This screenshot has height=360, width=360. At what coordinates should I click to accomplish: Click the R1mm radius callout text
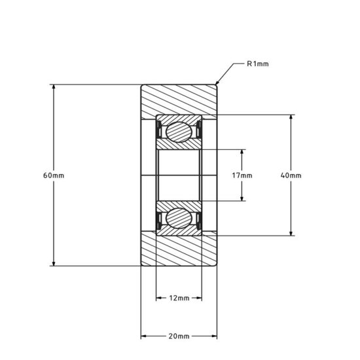click(258, 64)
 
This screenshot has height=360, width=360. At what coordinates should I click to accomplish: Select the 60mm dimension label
click(53, 175)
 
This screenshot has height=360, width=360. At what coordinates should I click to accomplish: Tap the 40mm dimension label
click(291, 175)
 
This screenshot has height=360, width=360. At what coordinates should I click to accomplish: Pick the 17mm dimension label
click(242, 175)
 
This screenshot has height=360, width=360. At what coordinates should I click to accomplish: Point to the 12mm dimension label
click(179, 298)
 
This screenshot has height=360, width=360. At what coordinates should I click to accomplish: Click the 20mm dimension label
click(179, 336)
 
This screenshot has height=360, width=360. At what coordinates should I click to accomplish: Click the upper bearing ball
click(179, 132)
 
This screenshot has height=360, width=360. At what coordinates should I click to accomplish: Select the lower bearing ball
click(179, 218)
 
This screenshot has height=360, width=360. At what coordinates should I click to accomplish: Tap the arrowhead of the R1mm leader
click(218, 83)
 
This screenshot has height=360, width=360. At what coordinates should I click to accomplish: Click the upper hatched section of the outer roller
click(179, 99)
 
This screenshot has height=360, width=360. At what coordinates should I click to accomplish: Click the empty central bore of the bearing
click(179, 175)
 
